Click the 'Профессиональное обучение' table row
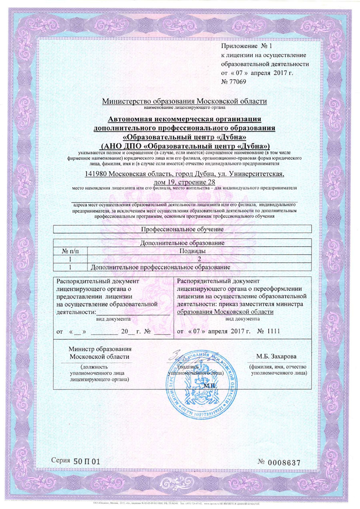coord(182,229)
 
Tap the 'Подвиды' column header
coord(199,251)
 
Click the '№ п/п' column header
coord(70,251)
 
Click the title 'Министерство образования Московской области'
coord(184,101)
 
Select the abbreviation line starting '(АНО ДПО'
coord(184,144)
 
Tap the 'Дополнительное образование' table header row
coord(182,243)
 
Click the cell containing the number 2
coord(199,259)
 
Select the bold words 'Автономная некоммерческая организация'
coord(184,119)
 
